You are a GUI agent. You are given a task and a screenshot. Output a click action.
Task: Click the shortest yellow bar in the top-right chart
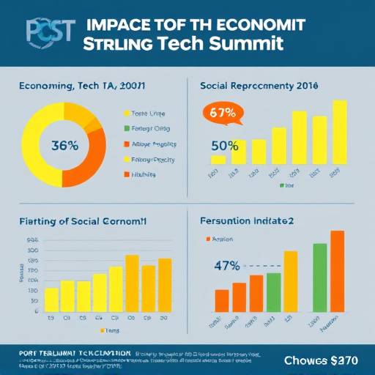coord(218,160)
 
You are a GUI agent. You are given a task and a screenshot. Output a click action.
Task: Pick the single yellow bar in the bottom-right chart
coord(291,281)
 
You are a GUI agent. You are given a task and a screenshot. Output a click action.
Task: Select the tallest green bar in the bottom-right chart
coord(320,277)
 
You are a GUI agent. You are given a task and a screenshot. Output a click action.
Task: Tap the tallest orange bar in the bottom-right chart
coord(337,271)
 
